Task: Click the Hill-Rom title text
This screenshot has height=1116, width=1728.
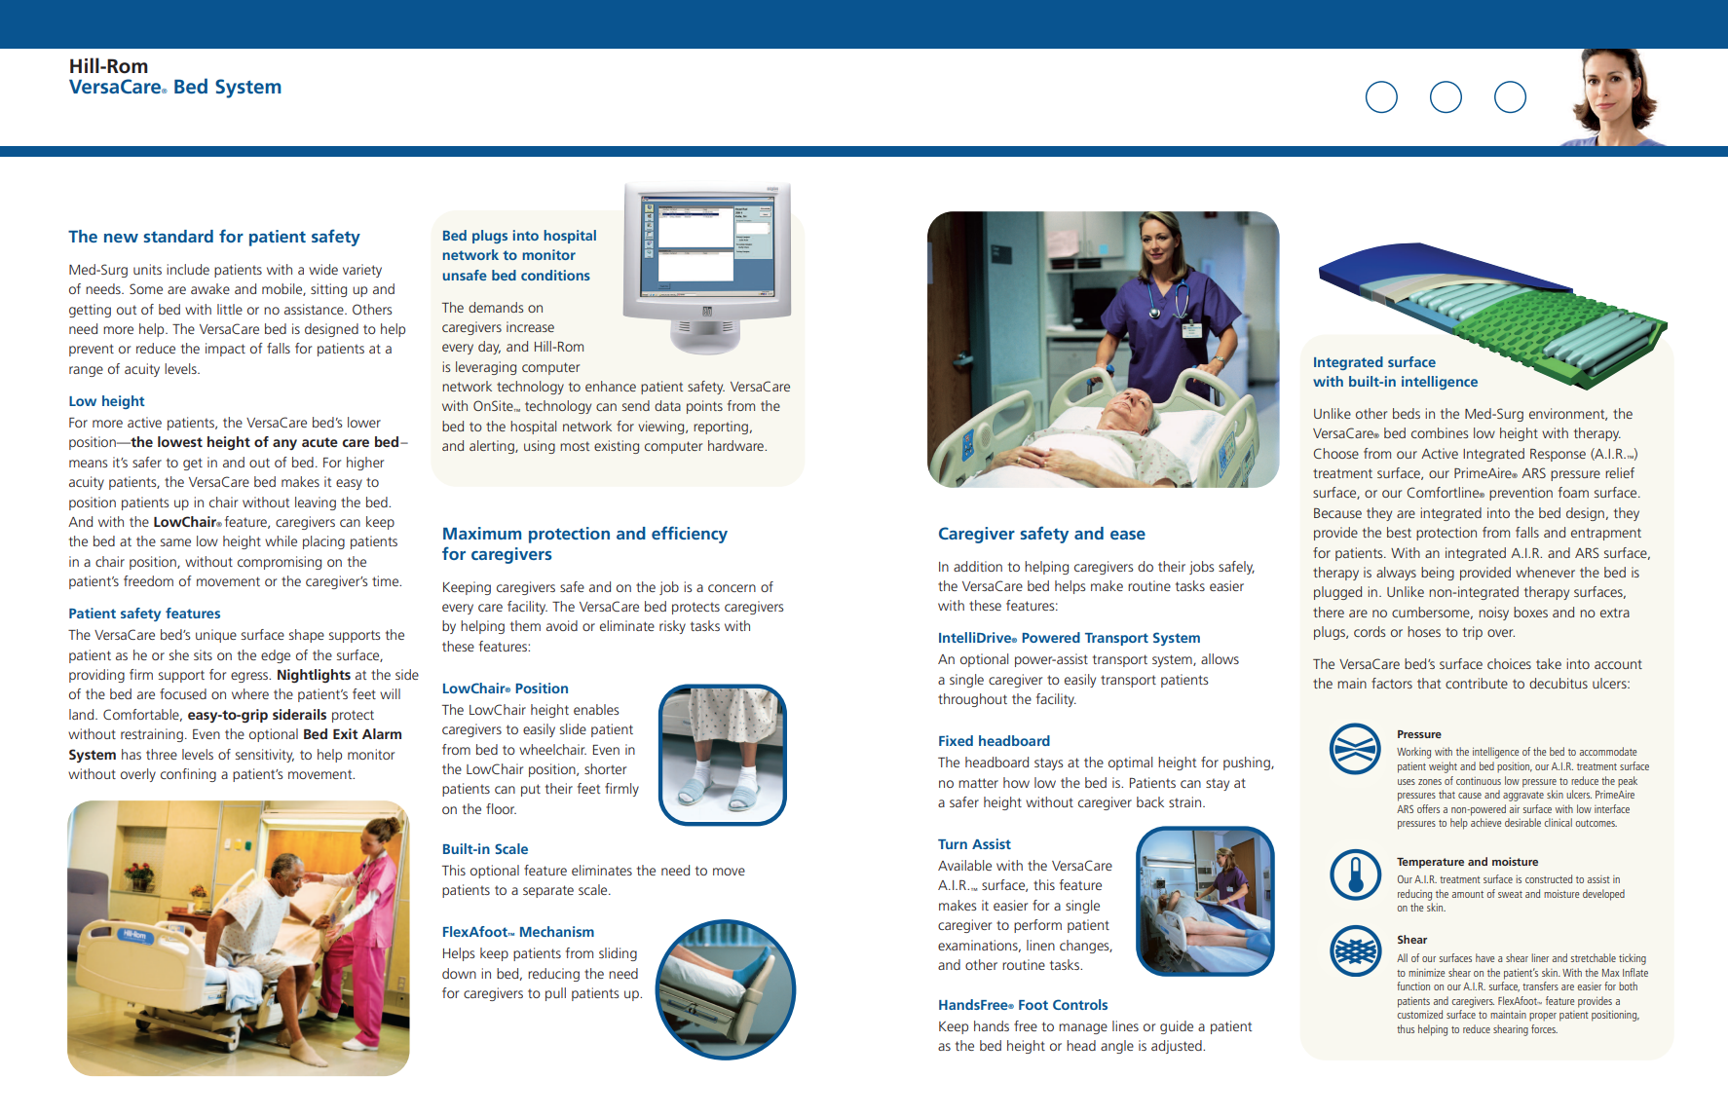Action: [x=108, y=66]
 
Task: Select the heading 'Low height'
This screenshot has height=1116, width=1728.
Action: [x=106, y=401]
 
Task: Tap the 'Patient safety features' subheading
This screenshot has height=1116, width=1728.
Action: [x=144, y=614]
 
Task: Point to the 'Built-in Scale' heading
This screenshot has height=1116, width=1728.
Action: [x=485, y=849]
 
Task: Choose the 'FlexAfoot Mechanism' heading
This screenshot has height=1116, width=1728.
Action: [x=517, y=932]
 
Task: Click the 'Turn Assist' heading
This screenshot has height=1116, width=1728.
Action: [x=974, y=844]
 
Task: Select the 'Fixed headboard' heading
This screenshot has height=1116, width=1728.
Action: [x=994, y=741]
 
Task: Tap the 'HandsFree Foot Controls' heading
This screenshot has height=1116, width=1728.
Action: [x=1023, y=1005]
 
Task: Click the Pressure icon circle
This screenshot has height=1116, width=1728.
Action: [x=1355, y=749]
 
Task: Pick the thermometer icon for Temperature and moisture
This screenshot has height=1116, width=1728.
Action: [x=1355, y=874]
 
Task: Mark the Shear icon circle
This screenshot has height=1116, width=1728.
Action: [x=1355, y=949]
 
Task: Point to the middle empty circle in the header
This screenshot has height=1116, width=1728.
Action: [x=1446, y=97]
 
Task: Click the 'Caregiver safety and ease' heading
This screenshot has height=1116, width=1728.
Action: [x=1041, y=534]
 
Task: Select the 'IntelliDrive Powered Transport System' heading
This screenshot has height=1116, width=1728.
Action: [x=1069, y=638]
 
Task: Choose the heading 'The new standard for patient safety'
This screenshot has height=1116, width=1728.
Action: [x=214, y=237]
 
